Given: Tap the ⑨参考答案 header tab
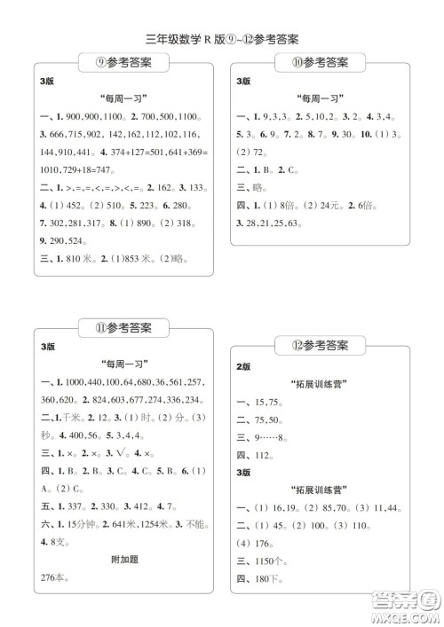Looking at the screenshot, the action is [123, 63].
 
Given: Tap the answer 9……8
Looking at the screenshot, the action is [272, 437].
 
